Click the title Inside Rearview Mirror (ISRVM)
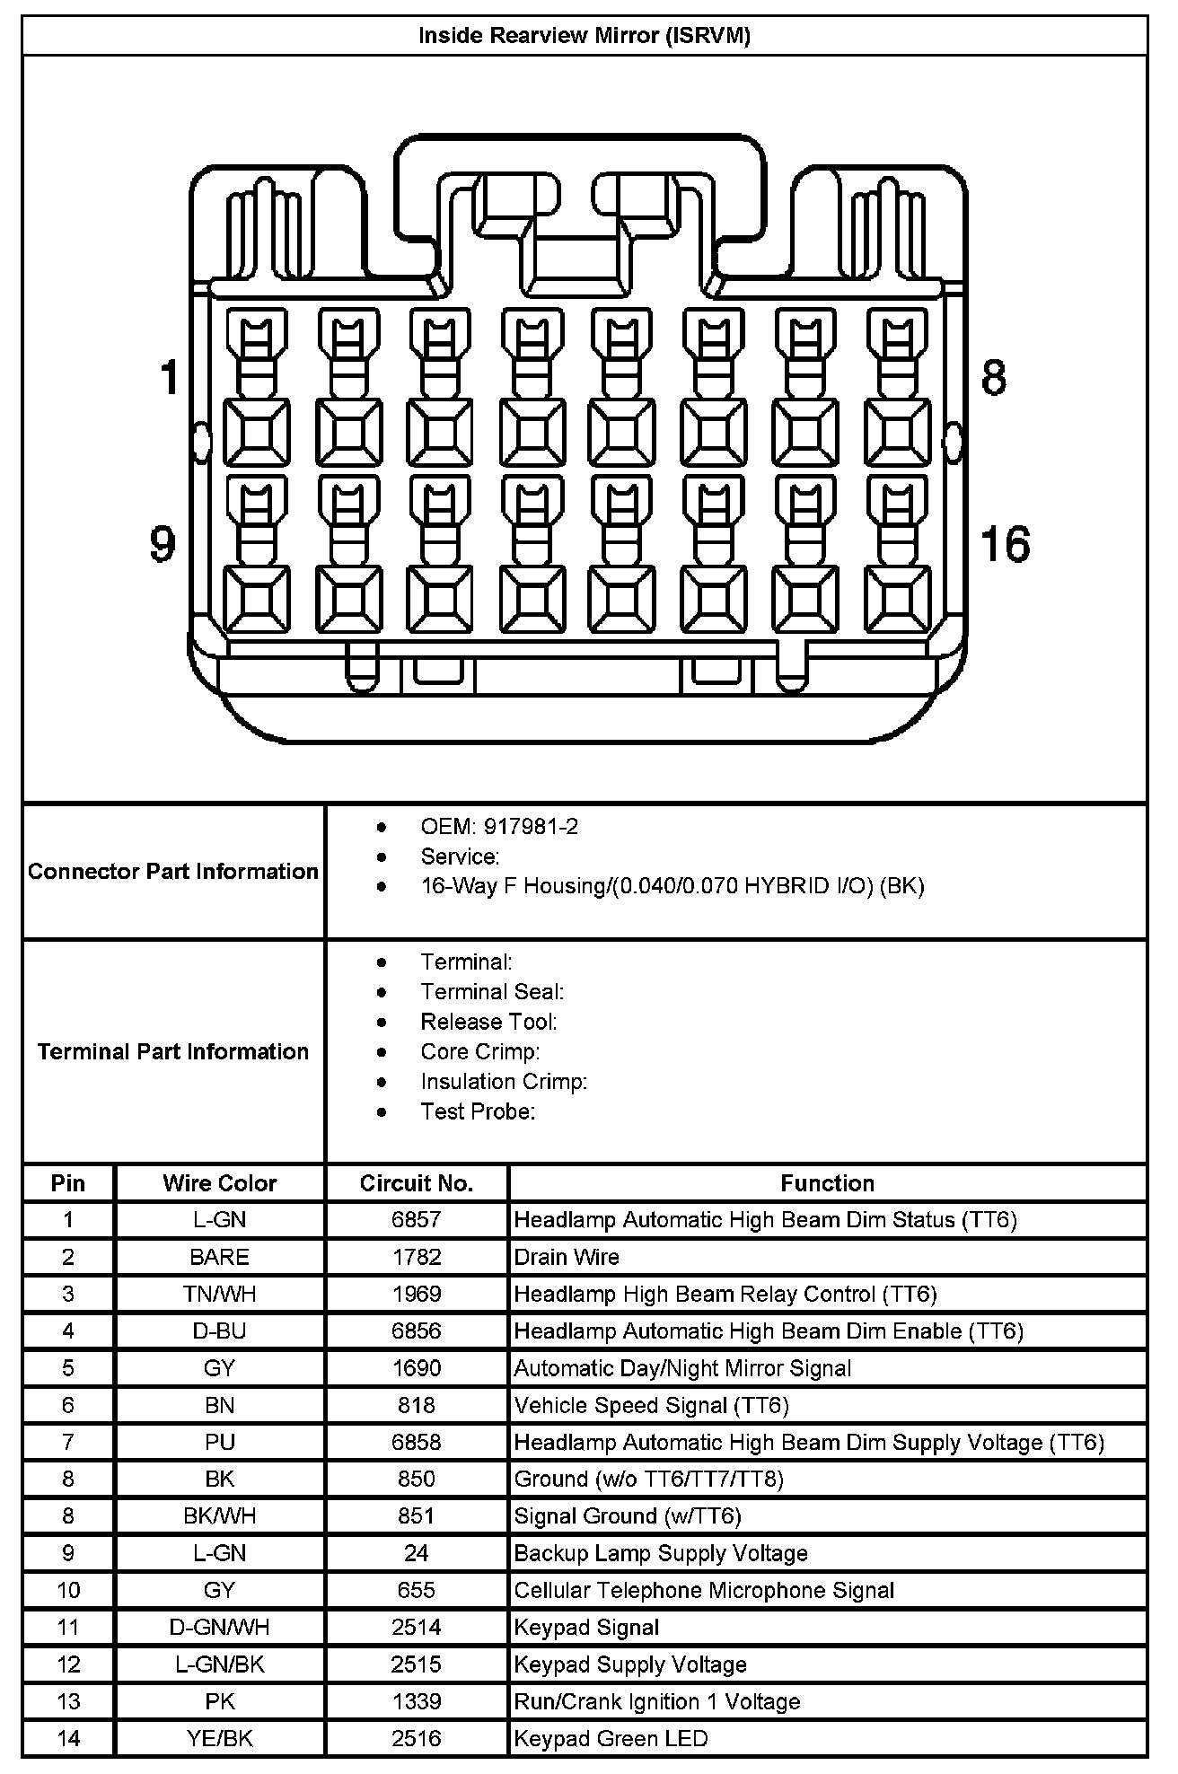coord(585,36)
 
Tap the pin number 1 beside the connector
coord(170,377)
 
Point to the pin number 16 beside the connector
coord(1005,544)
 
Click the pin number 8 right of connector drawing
coord(994,377)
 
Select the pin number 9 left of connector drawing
coord(163,544)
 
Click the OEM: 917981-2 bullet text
coord(499,827)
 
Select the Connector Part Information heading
coord(173,872)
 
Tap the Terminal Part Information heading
coord(173,1051)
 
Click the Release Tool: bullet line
coord(488,1022)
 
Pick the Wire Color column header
coord(220,1183)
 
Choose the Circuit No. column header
coord(417,1183)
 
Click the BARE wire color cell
coord(220,1257)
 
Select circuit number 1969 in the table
coord(417,1294)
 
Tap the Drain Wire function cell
coord(567,1257)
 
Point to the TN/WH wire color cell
coord(220,1294)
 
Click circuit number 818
coord(417,1405)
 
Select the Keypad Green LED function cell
coord(611,1739)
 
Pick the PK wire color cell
coord(220,1701)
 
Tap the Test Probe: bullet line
coord(478,1111)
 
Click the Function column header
coord(827,1183)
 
